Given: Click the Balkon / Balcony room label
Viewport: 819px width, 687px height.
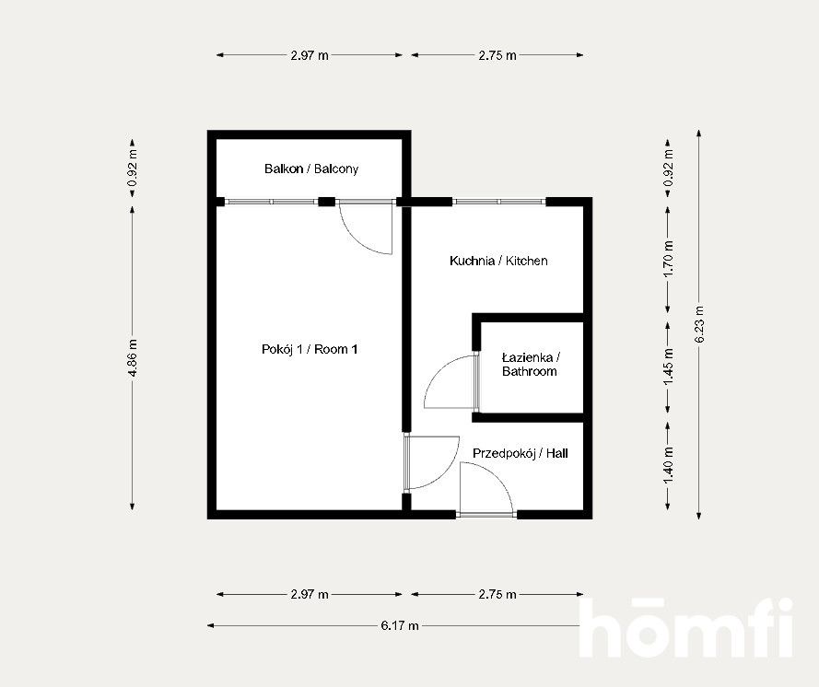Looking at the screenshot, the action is (311, 169).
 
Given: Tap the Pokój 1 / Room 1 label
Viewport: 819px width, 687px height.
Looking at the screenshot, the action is (310, 349).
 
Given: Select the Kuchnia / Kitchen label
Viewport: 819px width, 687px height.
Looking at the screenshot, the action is (498, 261).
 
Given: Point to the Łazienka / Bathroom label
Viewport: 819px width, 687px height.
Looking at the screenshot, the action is (530, 365).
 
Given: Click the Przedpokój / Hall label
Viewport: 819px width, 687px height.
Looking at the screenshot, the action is (521, 453).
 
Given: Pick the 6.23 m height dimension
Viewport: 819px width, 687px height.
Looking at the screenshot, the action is (700, 323).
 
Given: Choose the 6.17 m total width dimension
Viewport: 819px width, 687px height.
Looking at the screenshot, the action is (400, 625).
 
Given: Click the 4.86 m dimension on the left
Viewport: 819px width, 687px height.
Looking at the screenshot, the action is (133, 357).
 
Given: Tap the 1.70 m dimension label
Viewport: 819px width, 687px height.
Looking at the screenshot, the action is (669, 259).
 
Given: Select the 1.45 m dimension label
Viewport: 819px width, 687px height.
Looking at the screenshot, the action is (669, 367).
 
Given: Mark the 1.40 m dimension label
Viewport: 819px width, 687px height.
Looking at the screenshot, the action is (669, 465).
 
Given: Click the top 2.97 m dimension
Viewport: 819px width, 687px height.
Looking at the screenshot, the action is (310, 55).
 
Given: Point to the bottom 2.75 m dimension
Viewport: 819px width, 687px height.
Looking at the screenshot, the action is (497, 594).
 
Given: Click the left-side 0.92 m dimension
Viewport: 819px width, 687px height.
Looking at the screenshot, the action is (133, 169).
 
